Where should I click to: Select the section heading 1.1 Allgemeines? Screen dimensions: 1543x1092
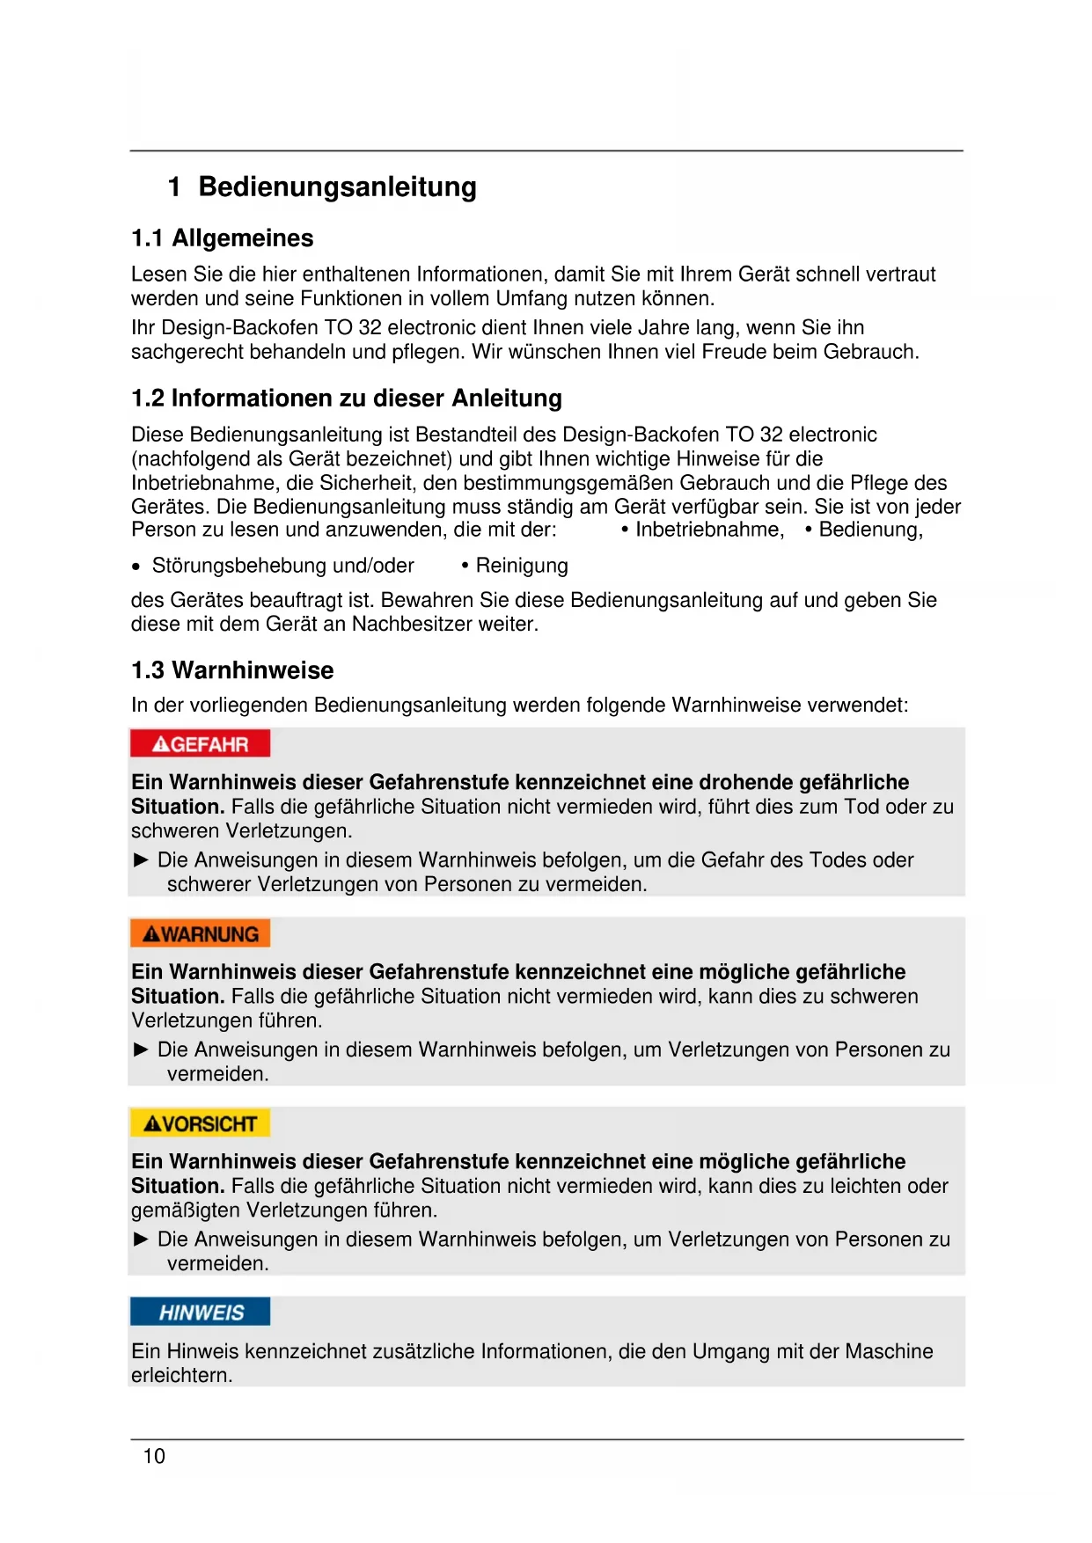tap(222, 238)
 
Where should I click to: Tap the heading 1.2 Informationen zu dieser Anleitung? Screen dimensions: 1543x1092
tap(346, 399)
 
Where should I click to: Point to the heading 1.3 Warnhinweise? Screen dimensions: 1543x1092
tap(232, 670)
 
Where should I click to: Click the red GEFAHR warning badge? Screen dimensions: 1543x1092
tap(200, 744)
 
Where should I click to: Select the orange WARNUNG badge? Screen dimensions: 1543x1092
tap(200, 934)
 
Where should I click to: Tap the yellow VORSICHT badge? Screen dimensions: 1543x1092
tap(200, 1124)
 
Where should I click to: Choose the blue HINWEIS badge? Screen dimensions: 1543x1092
tap(200, 1313)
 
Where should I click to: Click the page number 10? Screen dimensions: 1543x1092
tap(154, 1457)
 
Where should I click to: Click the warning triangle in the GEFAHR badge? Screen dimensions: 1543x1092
tap(160, 745)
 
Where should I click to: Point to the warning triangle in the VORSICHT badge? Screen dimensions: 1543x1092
tap(152, 1124)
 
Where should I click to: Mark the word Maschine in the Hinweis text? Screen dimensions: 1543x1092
tap(888, 1351)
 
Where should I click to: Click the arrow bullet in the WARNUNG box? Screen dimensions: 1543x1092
tap(141, 1049)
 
